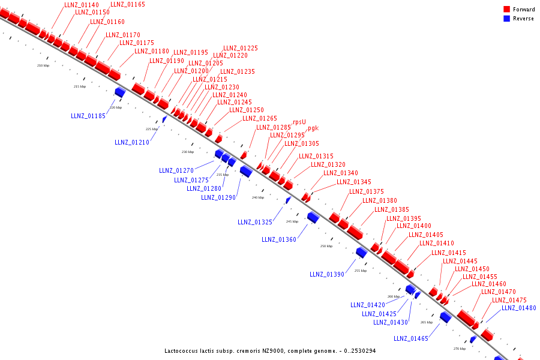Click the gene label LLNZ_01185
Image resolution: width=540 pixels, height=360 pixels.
tap(88, 116)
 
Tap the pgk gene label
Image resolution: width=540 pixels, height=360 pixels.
tap(313, 128)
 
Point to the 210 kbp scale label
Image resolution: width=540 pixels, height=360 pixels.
tap(43, 65)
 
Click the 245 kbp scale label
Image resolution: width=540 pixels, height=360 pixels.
tap(292, 221)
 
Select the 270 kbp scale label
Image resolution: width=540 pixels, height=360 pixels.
tap(459, 349)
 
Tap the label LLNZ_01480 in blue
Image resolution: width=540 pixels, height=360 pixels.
tap(518, 308)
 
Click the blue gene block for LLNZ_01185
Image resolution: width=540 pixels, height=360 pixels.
tap(119, 92)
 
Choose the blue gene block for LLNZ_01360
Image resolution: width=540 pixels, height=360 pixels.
tap(313, 217)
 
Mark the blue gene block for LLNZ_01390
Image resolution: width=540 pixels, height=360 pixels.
tap(361, 253)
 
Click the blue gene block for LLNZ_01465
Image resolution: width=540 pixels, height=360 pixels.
tap(445, 317)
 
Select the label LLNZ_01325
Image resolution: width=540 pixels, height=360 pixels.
tap(254, 222)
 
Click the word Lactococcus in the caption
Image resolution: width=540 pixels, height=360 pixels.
tap(182, 350)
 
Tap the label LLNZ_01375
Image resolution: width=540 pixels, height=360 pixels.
tap(366, 191)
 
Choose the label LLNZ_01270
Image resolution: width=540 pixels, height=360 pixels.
tap(176, 170)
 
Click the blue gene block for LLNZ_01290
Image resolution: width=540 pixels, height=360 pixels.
tap(245, 171)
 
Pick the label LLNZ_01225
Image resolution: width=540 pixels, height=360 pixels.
tap(241, 48)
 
